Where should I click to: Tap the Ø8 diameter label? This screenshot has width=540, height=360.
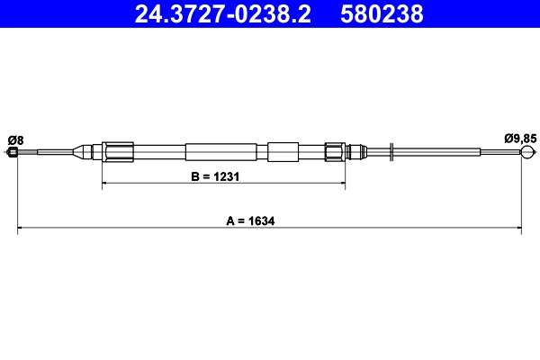[x=15, y=139]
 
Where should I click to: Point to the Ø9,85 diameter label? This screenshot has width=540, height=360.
[x=520, y=139]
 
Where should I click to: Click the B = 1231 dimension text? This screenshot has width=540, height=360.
[x=214, y=176]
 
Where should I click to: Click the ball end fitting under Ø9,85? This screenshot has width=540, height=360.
[x=525, y=154]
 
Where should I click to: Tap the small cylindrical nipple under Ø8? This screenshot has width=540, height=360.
[x=13, y=153]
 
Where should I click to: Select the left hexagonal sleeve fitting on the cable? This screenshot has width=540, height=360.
[x=118, y=152]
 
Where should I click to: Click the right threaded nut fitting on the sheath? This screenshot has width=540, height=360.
[x=335, y=152]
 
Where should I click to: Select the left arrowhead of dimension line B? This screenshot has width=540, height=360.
[x=106, y=184]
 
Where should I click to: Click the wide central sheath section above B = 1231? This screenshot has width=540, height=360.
[x=213, y=152]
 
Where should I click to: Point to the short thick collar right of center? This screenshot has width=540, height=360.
[x=282, y=152]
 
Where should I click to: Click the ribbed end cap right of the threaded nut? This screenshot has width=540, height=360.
[x=355, y=152]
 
